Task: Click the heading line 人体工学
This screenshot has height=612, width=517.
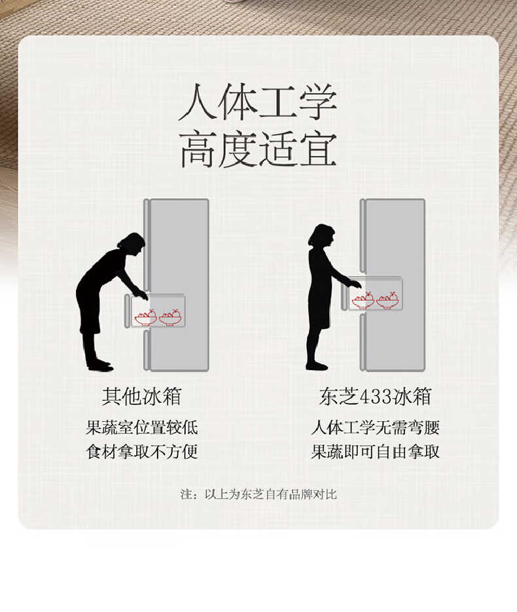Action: tap(258, 103)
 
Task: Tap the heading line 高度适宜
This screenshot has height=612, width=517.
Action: tap(258, 150)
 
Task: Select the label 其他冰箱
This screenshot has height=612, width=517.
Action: tap(141, 396)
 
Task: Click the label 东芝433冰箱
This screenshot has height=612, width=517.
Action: tap(375, 396)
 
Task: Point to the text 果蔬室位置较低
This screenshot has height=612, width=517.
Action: tap(141, 428)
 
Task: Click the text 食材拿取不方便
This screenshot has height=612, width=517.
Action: tap(141, 451)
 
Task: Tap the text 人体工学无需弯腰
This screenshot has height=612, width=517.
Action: tap(375, 428)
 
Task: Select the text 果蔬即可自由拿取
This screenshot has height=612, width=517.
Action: tap(375, 451)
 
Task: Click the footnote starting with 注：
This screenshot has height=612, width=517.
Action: tap(258, 494)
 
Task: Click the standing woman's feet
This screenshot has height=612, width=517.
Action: tap(316, 365)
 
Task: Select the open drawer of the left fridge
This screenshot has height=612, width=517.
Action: tap(158, 312)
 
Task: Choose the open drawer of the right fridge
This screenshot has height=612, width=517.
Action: tap(376, 294)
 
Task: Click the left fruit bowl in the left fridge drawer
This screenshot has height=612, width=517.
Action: tap(145, 318)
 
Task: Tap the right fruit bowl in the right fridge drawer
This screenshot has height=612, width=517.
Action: tap(387, 301)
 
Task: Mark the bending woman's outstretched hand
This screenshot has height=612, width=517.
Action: tap(142, 295)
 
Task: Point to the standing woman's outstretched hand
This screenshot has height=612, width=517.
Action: tap(355, 284)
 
